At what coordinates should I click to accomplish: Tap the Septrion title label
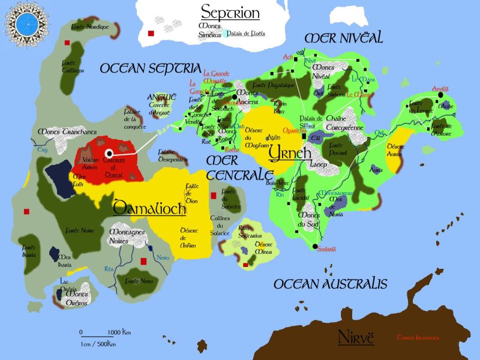click(230, 12)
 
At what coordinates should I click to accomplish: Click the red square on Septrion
click(151, 34)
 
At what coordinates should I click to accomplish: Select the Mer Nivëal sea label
click(343, 38)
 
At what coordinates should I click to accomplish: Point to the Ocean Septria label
click(149, 68)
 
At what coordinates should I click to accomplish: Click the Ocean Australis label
click(330, 284)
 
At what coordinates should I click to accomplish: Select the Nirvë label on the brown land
click(356, 336)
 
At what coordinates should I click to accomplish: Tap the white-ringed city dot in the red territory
click(109, 154)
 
